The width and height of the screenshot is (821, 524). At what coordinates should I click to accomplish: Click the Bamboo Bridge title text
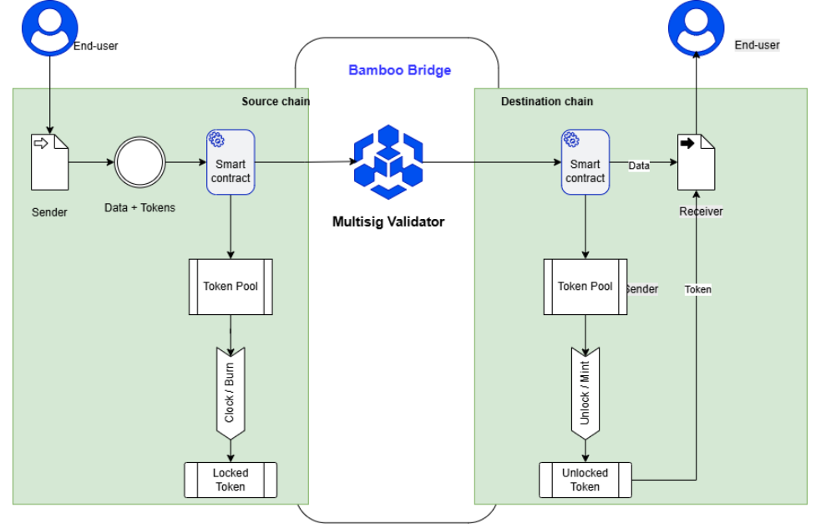point(399,70)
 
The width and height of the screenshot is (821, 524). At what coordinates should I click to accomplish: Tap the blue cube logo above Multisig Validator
point(388,162)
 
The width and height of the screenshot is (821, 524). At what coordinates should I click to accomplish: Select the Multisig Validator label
point(388,221)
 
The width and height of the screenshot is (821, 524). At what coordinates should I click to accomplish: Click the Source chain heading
point(276,102)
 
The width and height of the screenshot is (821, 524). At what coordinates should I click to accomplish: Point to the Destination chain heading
point(547,102)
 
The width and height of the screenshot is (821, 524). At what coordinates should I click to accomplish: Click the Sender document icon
point(50,161)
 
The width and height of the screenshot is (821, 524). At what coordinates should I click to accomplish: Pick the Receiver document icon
point(696,161)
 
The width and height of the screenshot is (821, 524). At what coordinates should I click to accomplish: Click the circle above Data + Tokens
point(140,161)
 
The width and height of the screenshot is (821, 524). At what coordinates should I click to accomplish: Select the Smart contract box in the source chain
point(231,162)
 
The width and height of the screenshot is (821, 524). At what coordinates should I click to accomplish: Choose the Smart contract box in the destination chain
point(585,162)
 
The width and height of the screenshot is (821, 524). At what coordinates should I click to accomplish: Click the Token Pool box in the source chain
point(231,287)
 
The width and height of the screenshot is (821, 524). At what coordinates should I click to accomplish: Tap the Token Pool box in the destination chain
point(585,287)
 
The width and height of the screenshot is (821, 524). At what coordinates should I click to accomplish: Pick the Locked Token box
point(231,480)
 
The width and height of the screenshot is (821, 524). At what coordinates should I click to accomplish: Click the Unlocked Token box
point(585,480)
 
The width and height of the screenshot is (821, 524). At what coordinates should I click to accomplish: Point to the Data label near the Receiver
point(639,166)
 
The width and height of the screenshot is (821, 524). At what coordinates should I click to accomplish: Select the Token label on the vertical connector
point(698,290)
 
